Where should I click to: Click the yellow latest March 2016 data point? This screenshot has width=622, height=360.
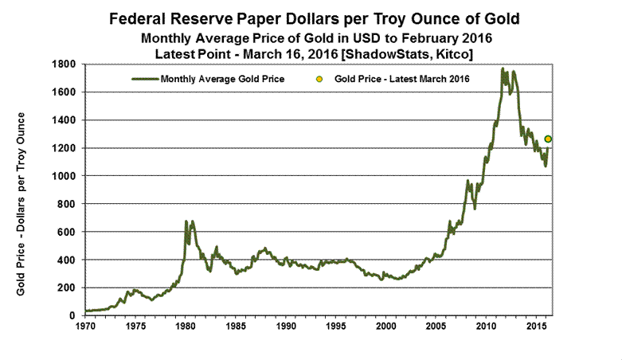pyautogui.click(x=548, y=139)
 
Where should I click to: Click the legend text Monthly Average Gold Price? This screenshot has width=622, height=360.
pyautogui.click(x=222, y=79)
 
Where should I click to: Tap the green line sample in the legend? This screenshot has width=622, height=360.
pyautogui.click(x=144, y=79)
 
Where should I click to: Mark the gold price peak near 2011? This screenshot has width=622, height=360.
pyautogui.click(x=503, y=69)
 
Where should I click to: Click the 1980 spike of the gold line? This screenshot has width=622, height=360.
pyautogui.click(x=186, y=221)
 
